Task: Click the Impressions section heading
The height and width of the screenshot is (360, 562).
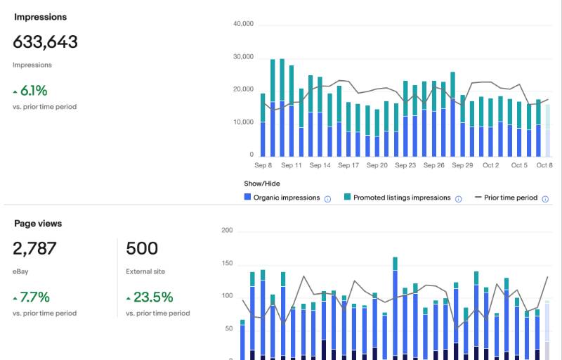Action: (40, 17)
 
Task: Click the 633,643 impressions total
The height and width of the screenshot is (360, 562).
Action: (45, 41)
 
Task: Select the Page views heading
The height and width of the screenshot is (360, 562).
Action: (38, 224)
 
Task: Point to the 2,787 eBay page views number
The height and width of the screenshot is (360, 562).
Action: (34, 248)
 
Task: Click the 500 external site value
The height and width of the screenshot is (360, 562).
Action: (142, 248)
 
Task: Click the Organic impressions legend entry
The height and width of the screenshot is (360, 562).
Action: (282, 198)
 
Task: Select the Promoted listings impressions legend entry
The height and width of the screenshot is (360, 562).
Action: (397, 198)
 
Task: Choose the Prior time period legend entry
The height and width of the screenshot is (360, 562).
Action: (506, 198)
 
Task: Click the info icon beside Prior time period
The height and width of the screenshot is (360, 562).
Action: (545, 199)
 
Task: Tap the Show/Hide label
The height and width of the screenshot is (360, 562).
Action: (262, 184)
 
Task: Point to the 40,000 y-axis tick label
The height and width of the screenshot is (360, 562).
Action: (243, 24)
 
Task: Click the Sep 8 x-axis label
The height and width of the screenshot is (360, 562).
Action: (263, 165)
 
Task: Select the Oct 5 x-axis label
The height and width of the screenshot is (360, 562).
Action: (519, 165)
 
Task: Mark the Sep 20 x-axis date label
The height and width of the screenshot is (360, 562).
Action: (377, 165)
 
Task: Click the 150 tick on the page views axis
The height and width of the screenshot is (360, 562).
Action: (227, 263)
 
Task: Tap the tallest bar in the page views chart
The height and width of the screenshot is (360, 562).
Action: (395, 309)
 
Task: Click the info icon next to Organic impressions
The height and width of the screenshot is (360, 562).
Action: (327, 199)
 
